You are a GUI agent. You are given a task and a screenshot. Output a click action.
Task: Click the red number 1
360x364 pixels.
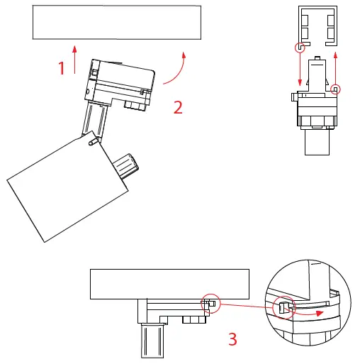click(x=62, y=67)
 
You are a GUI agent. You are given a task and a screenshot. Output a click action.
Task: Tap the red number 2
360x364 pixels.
click(x=178, y=107)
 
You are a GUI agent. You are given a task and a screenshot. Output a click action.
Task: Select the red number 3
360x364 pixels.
click(x=232, y=338)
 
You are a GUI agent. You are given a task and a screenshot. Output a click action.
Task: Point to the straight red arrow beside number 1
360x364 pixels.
click(x=74, y=58)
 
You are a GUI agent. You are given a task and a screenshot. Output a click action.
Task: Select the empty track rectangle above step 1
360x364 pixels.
click(x=117, y=22)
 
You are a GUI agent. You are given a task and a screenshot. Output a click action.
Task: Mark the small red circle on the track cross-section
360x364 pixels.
click(x=301, y=48)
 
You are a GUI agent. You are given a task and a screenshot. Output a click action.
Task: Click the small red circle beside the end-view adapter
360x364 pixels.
click(x=336, y=89)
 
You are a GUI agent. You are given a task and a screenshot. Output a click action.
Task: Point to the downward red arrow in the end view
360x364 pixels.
click(x=300, y=71)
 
